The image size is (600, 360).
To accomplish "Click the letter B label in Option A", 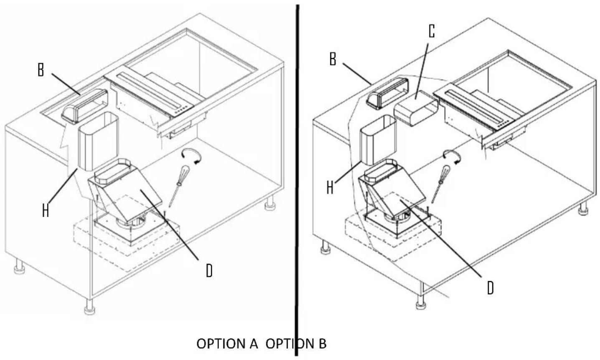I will (41, 70).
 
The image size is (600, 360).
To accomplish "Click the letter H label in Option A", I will (46, 210).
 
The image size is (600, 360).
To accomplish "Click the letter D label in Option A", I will (209, 271).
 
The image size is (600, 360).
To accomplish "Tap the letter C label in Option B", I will (431, 31).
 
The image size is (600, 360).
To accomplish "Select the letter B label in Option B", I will (333, 60).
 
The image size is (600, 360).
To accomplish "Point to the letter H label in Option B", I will (330, 188).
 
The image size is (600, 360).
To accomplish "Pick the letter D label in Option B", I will (490, 287).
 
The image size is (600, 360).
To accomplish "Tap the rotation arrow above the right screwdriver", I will (453, 155).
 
